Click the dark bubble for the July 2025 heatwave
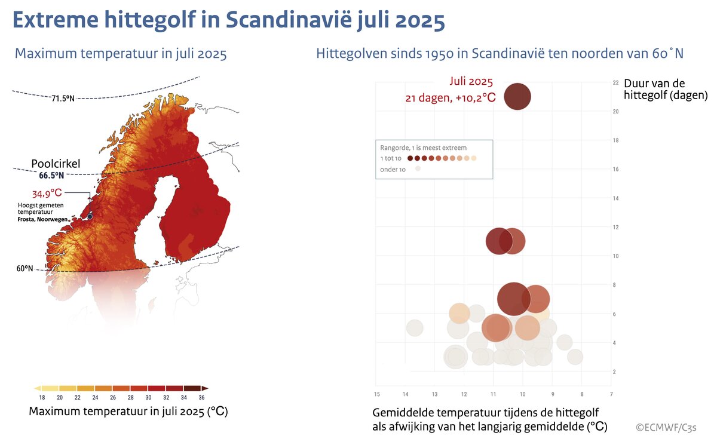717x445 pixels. pos(517,96)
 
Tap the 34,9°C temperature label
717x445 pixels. pos(46,194)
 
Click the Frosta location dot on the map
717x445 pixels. pos(90,217)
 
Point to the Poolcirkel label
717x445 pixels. pos(56,164)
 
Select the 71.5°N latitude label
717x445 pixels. pos(62,99)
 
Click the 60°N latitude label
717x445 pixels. pos(24,269)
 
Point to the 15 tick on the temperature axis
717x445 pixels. pos(376,394)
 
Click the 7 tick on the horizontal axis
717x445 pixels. pos(611,394)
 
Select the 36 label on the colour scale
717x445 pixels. pos(201,398)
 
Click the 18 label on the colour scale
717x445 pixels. pos(42,398)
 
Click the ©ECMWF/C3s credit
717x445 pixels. pos(666,427)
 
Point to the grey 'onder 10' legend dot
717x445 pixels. pos(418,169)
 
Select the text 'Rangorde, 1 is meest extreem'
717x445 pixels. pos(424,147)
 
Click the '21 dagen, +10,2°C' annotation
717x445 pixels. pos(450,97)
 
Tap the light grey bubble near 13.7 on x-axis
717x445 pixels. pos(415,327)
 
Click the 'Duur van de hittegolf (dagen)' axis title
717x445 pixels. pos(665,89)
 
